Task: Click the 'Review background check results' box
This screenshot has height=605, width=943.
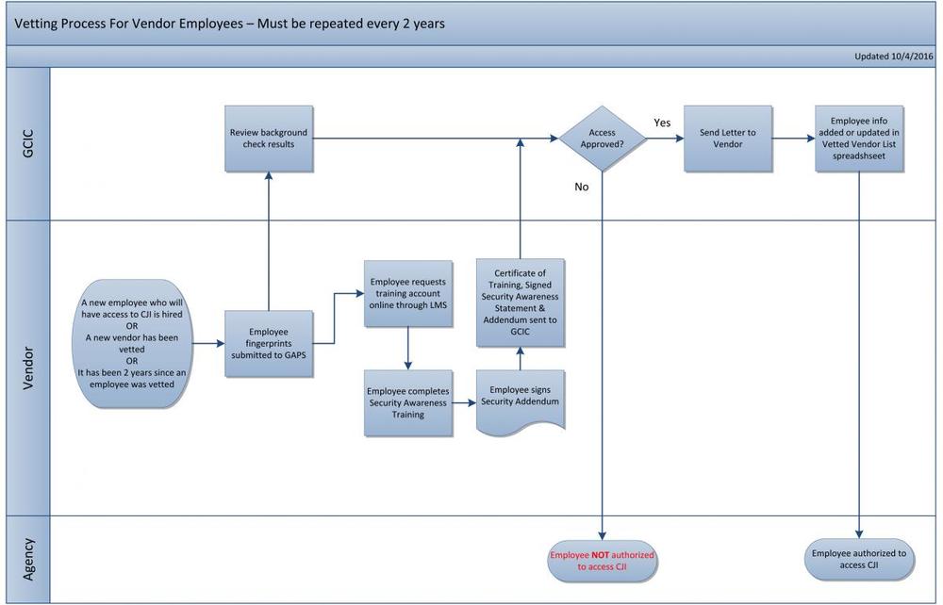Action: [269, 139]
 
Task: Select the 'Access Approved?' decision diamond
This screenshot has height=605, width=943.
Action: [603, 139]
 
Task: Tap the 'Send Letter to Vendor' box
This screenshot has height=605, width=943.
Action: [727, 139]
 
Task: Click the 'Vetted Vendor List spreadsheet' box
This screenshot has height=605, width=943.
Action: [858, 139]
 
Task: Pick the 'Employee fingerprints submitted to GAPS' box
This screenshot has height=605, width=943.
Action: [269, 344]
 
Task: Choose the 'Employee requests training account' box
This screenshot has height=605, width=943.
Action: [408, 293]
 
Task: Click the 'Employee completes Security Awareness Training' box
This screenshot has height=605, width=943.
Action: [408, 402]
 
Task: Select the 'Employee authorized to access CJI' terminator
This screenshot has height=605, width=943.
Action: [858, 560]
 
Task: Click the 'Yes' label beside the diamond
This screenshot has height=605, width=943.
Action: [663, 123]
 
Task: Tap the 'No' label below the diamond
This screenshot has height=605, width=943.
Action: [581, 187]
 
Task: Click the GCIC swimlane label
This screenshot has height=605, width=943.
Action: [28, 144]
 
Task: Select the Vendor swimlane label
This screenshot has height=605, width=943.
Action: [28, 368]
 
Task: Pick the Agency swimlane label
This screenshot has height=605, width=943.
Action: [28, 558]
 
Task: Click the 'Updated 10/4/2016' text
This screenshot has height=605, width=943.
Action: [893, 57]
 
